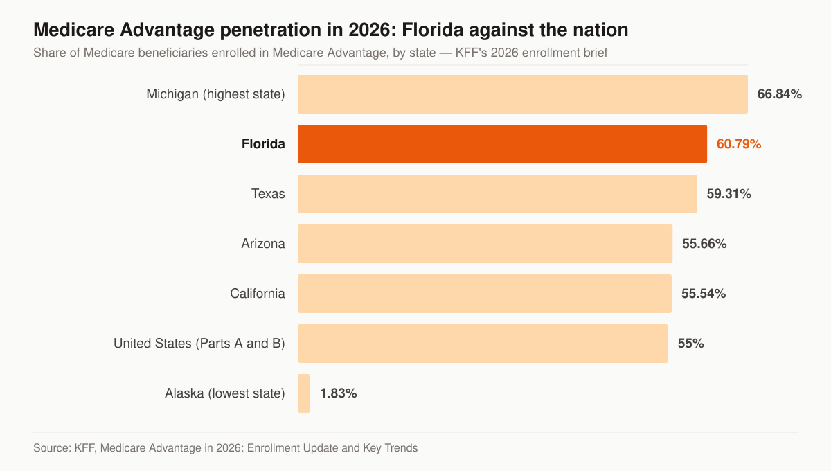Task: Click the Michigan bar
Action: pos(523,94)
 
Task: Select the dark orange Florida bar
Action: pos(502,144)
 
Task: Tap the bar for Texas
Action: pos(497,194)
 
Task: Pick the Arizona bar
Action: pos(485,244)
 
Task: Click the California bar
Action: pos(485,294)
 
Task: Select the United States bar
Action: pos(483,344)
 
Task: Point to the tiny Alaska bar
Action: pos(304,393)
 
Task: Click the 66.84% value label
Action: pos(780,94)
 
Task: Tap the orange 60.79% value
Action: pos(739,144)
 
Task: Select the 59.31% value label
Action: pos(729,194)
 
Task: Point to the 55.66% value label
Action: pos(704,244)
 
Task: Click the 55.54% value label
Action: pos(704,294)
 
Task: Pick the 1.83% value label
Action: pos(339,393)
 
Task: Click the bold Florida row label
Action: pos(263,144)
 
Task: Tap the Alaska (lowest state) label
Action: pos(225,393)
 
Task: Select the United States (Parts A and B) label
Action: pos(199,344)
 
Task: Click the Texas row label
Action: pos(268,194)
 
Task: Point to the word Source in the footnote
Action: pos(51,448)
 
